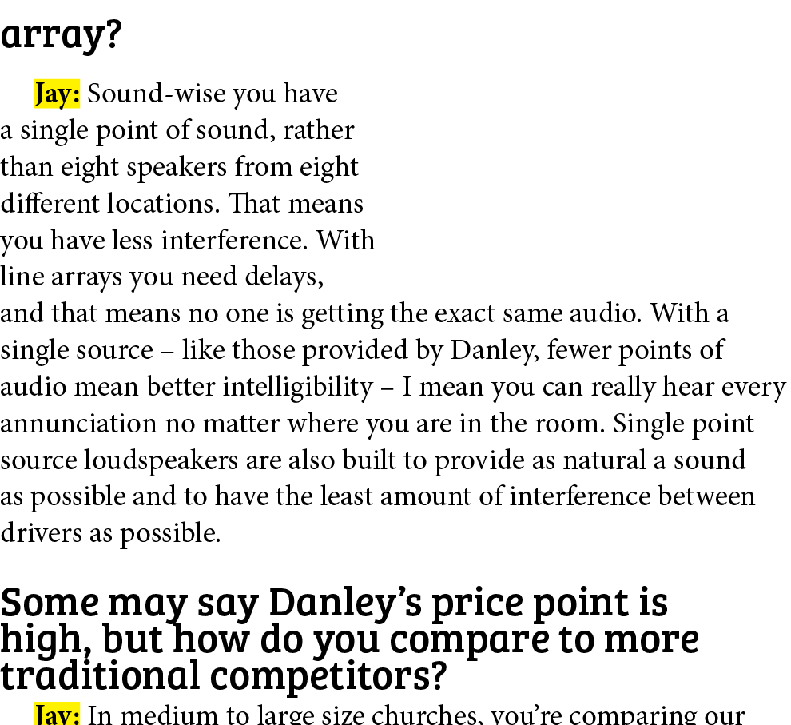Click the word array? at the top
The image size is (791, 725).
click(x=61, y=35)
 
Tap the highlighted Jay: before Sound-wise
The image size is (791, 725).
click(x=57, y=94)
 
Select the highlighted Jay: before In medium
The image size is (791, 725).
click(x=57, y=714)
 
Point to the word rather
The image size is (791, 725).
click(x=319, y=130)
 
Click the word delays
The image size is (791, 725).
click(x=284, y=277)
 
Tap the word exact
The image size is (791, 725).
click(x=464, y=313)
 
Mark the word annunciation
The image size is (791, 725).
click(x=78, y=424)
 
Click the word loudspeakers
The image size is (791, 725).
click(x=161, y=460)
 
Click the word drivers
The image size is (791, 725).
click(x=41, y=533)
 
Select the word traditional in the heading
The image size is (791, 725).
click(x=101, y=675)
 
